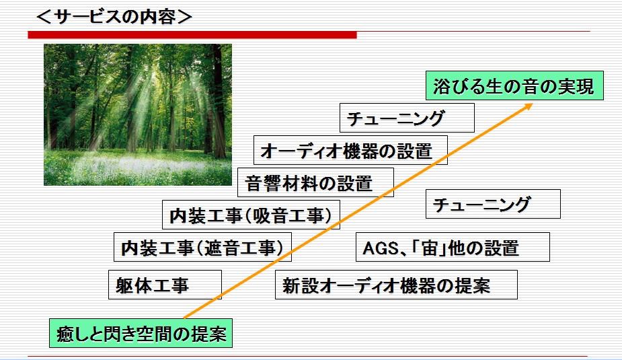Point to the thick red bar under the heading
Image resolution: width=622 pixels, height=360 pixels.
[x=192, y=35]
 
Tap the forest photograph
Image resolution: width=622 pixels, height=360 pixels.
[x=138, y=114]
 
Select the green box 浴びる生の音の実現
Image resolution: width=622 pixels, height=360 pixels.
[x=514, y=85]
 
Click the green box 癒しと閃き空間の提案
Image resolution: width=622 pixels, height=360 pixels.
[x=141, y=333]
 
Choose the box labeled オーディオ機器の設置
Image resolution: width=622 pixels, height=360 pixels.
[x=350, y=150]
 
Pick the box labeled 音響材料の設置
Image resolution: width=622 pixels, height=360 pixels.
[x=316, y=182]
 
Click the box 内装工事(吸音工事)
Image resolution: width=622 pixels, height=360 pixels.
[x=251, y=215]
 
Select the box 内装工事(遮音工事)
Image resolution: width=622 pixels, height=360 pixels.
[x=202, y=247]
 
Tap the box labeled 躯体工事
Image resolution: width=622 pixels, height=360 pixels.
[x=165, y=285]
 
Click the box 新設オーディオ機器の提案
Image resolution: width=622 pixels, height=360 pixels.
[x=396, y=285]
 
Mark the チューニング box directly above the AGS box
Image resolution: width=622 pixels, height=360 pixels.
[x=493, y=204]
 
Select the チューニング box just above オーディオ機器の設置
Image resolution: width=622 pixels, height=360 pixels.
[x=407, y=118]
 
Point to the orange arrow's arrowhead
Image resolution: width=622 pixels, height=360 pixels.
[x=528, y=106]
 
